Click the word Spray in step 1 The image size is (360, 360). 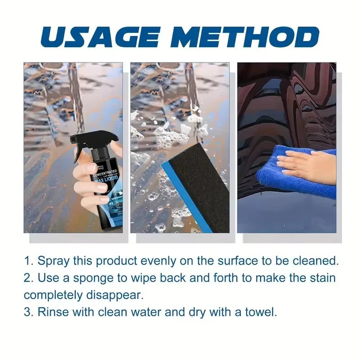[52, 261]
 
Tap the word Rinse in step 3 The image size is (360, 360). [52, 312]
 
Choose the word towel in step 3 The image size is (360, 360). [261, 312]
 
